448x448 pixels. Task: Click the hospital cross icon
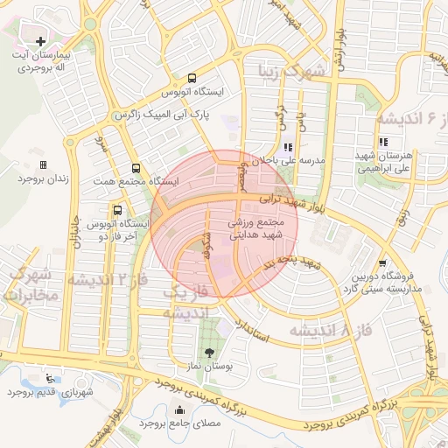[x=40, y=41]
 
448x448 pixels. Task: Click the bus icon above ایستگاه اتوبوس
[x=192, y=78]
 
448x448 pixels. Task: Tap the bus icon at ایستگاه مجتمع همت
[x=136, y=168]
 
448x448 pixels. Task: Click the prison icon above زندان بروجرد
[x=43, y=164]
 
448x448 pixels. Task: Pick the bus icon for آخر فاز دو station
[x=117, y=210]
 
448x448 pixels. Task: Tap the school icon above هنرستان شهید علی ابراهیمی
[x=382, y=142]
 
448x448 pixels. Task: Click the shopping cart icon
[x=382, y=262]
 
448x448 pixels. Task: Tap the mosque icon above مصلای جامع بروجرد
[x=180, y=409]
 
